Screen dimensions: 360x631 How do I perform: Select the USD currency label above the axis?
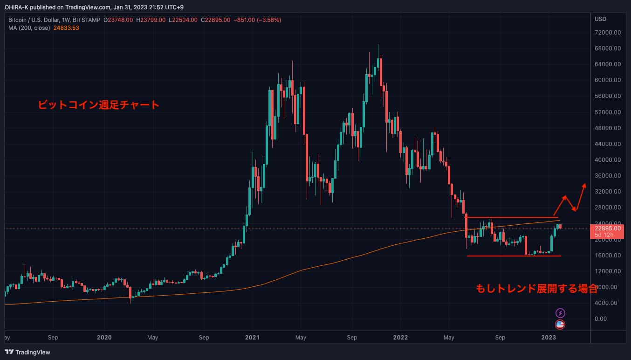600,20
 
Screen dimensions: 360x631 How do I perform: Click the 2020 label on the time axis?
104,337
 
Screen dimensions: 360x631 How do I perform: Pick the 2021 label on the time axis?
252,337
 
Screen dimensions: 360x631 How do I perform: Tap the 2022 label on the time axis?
401,337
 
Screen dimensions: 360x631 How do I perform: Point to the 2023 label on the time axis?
549,337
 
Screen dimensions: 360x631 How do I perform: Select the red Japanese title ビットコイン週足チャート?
99,105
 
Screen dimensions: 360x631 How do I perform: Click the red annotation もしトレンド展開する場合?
536,288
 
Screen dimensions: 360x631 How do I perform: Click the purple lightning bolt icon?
561,313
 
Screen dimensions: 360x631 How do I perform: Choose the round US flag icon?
561,325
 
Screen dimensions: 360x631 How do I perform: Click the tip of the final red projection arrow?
585,184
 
